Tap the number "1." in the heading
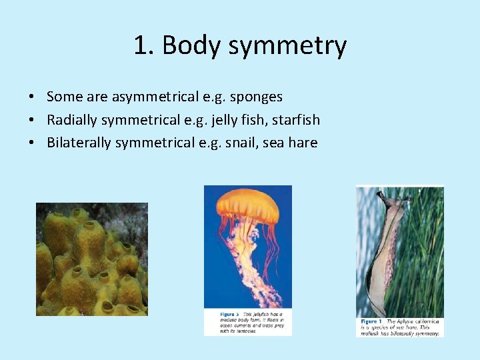click(144, 45)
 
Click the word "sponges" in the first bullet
click(257, 97)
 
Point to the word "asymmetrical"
click(155, 97)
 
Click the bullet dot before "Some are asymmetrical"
click(32, 97)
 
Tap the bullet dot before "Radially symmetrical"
click(32, 120)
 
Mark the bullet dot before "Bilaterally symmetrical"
click(32, 143)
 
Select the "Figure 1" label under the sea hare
click(371, 321)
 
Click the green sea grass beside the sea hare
click(427, 253)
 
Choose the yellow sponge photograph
click(91, 259)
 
